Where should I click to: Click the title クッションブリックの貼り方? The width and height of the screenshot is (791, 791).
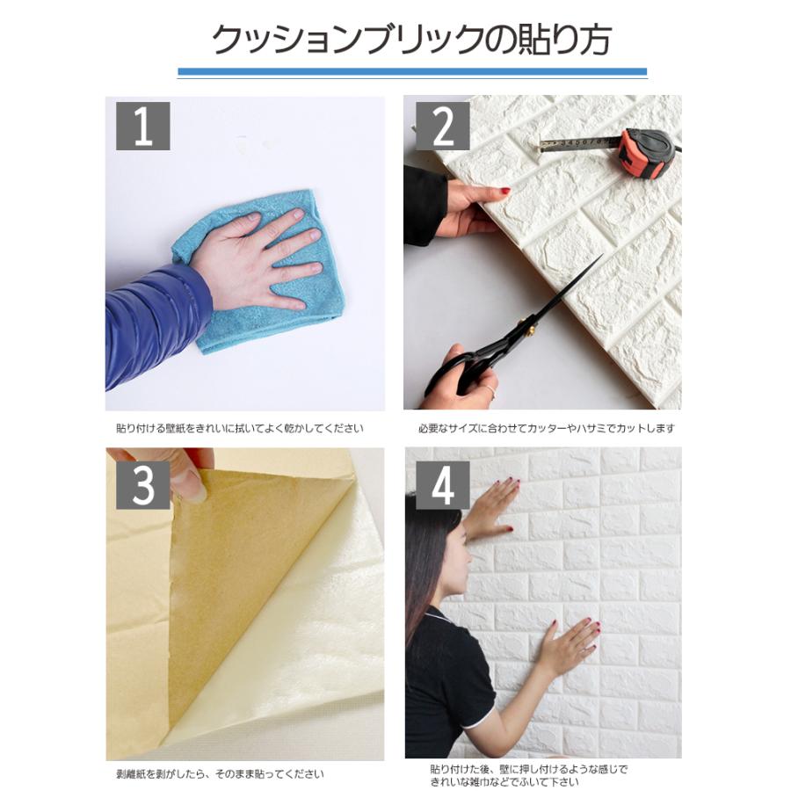pos(411,40)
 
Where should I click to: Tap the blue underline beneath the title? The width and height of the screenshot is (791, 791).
pos(411,72)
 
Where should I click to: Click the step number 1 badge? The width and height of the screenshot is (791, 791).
pos(142,126)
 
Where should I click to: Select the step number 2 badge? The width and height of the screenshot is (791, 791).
pos(442,126)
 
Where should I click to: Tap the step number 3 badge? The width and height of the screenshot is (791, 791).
pos(142,484)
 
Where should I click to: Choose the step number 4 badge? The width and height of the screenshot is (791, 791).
pos(442,484)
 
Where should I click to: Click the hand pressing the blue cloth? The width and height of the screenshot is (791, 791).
pos(255,255)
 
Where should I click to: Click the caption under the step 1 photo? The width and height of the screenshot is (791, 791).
pos(239,429)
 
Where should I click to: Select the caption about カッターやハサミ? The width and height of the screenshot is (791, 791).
pos(546,429)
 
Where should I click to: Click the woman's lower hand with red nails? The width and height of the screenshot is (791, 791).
pos(570,646)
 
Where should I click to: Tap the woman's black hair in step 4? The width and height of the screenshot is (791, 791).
pos(431,554)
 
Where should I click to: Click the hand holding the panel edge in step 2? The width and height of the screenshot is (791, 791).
pos(470,207)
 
